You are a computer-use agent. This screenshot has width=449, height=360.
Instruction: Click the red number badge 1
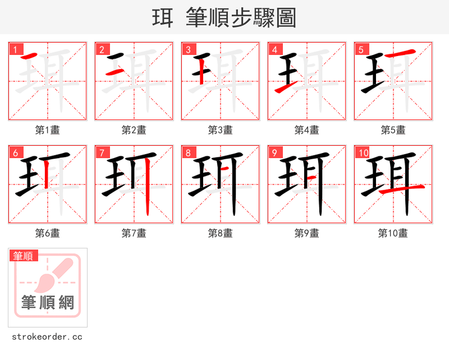click(x=15, y=50)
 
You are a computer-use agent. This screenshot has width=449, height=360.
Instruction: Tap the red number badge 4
click(x=274, y=50)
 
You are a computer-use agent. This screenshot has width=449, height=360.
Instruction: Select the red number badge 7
click(x=102, y=153)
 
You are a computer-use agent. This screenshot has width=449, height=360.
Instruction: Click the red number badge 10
click(x=363, y=153)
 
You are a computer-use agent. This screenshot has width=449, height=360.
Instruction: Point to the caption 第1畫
click(x=48, y=130)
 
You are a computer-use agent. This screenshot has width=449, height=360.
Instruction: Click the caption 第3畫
click(x=221, y=130)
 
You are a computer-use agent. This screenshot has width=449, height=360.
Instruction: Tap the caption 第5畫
click(x=393, y=130)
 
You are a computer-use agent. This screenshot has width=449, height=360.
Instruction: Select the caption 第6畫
click(x=48, y=233)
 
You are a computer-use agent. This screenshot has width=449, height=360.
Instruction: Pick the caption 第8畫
click(x=221, y=233)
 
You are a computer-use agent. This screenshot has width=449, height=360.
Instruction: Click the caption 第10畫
click(x=393, y=233)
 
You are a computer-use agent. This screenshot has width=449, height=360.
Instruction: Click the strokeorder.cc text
click(x=47, y=337)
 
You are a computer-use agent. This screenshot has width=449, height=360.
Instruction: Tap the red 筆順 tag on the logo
click(x=24, y=256)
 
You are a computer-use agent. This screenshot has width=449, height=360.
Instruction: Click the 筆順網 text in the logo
click(x=48, y=303)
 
